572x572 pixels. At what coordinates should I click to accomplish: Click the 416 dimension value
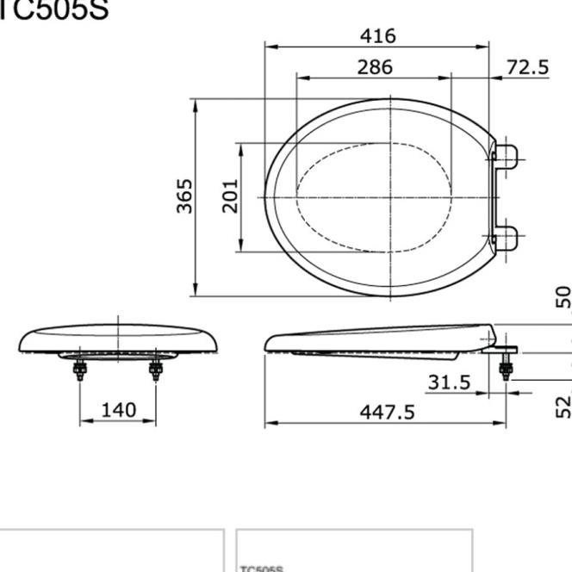pyautogui.click(x=377, y=36)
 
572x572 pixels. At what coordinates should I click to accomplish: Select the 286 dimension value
pyautogui.click(x=375, y=66)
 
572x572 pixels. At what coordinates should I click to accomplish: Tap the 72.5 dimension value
pyautogui.click(x=527, y=66)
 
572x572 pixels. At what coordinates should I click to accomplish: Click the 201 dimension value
pyautogui.click(x=230, y=196)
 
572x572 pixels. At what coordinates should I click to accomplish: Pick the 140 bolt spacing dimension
pyautogui.click(x=118, y=410)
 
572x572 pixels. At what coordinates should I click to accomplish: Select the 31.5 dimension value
pyautogui.click(x=449, y=382)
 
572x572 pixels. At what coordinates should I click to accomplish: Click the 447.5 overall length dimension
pyautogui.click(x=387, y=413)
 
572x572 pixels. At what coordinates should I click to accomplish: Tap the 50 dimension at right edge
pyautogui.click(x=563, y=297)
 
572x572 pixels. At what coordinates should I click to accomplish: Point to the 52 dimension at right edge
pyautogui.click(x=563, y=406)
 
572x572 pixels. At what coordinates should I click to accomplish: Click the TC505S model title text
pyautogui.click(x=53, y=10)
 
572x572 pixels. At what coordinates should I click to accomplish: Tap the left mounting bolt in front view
pyautogui.click(x=80, y=370)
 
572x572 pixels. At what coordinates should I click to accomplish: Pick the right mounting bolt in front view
pyautogui.click(x=156, y=370)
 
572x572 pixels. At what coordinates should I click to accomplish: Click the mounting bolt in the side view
pyautogui.click(x=506, y=368)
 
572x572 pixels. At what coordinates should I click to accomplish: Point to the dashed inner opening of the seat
pyautogui.click(x=374, y=197)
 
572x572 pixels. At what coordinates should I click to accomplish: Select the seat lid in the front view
pyautogui.click(x=118, y=339)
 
